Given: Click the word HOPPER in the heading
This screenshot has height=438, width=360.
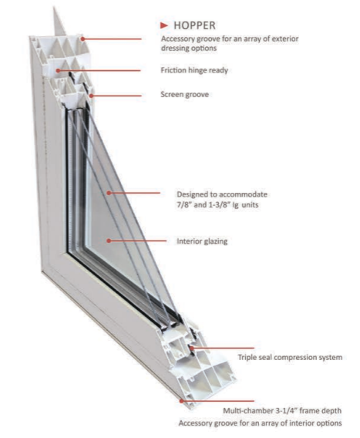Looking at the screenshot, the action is pos(194,25).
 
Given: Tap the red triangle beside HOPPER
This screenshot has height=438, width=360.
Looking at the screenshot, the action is pos(164,25).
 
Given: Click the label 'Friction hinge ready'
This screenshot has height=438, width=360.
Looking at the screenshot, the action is pos(194,70).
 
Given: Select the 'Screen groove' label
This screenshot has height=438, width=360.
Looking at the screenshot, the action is pos(184,94).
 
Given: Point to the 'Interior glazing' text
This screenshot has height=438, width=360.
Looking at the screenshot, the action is pos(202,241).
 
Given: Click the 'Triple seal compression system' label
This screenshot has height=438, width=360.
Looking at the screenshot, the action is pos(290,357).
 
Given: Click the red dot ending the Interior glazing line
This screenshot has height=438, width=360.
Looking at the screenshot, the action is pos(109,241).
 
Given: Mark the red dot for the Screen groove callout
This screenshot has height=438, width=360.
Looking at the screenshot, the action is pos(91,96).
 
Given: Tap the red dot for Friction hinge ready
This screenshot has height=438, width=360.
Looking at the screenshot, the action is pos(58,70).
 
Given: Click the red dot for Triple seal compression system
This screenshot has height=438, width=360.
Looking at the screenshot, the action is pos(192,348).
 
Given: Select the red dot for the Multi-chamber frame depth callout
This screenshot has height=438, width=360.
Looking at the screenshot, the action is pos(181,401).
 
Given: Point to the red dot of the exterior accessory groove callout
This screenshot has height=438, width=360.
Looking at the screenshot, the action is pos(82,39).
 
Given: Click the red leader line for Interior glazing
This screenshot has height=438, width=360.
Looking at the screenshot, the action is pos(137,241).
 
